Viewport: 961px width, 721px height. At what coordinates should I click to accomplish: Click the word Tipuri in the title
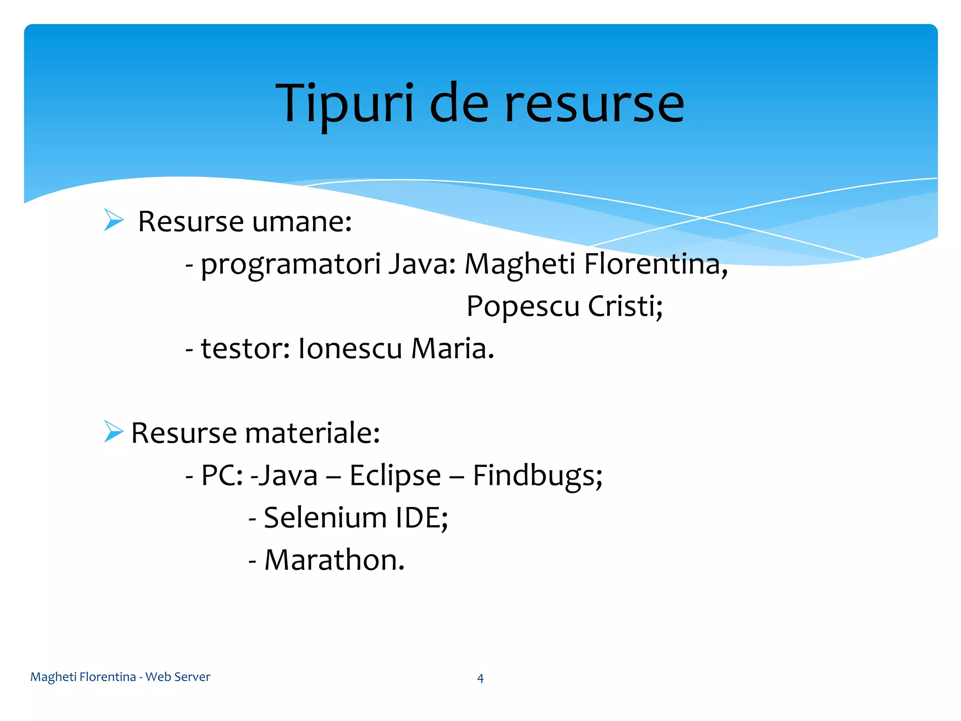(x=345, y=104)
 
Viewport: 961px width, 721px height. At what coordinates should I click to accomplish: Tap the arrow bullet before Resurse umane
(x=113, y=220)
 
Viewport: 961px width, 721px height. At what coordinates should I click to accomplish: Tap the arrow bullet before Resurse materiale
(x=113, y=431)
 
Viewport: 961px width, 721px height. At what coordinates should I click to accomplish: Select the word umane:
(x=302, y=222)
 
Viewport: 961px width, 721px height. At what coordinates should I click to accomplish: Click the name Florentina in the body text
(x=656, y=264)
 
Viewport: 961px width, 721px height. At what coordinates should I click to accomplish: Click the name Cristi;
(x=625, y=307)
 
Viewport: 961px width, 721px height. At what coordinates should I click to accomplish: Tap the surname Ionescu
(x=350, y=349)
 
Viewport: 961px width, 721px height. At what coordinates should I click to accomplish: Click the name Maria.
(x=452, y=349)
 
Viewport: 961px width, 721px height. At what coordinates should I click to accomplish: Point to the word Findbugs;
(x=537, y=476)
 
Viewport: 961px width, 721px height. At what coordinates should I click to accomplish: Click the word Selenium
(x=325, y=518)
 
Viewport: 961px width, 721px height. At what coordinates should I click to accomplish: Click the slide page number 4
(x=480, y=678)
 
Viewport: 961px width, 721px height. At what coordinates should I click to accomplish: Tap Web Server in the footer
(x=178, y=677)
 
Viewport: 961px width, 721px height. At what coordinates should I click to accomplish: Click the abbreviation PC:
(x=221, y=476)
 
